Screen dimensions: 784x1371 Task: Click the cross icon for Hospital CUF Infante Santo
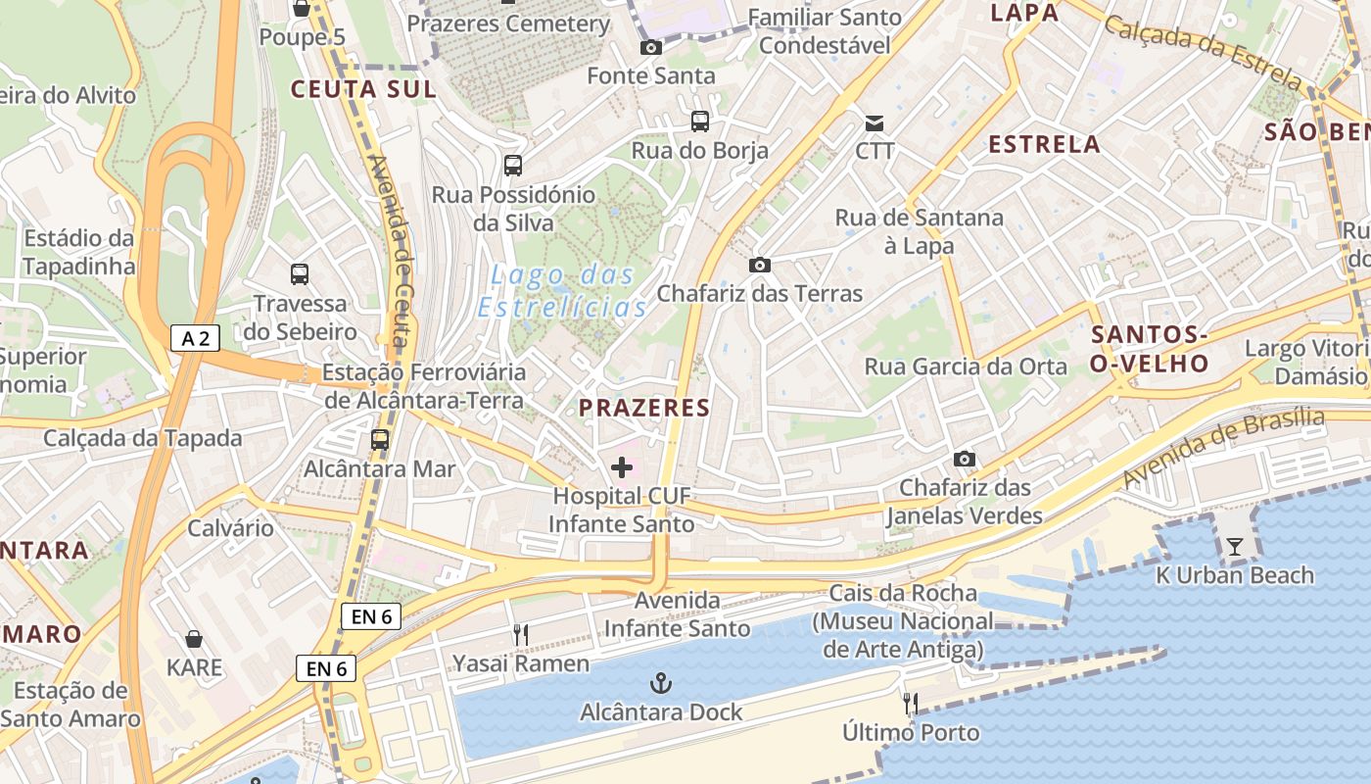point(621,467)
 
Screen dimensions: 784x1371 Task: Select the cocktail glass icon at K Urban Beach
point(1234,547)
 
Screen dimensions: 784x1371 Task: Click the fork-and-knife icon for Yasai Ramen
point(521,635)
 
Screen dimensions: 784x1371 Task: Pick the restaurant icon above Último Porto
point(911,703)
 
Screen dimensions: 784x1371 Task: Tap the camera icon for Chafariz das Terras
point(759,265)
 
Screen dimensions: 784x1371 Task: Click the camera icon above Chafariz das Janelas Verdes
point(965,459)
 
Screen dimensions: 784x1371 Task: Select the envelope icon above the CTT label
point(875,122)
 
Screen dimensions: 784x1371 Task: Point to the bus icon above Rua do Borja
point(699,122)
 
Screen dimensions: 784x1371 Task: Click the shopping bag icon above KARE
point(194,640)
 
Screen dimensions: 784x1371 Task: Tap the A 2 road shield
point(195,338)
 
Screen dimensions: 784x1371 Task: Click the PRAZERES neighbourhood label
point(643,408)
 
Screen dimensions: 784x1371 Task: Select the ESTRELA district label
point(1044,144)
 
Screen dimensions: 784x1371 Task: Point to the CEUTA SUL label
point(362,89)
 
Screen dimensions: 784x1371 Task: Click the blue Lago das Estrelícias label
point(563,291)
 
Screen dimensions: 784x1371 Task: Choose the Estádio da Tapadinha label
point(78,252)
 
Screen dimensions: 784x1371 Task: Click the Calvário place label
point(231,528)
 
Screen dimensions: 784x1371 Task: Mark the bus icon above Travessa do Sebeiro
point(300,274)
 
